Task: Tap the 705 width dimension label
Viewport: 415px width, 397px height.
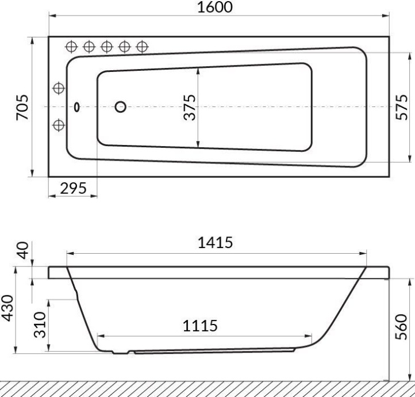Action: point(22,107)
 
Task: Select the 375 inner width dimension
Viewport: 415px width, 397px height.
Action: point(190,107)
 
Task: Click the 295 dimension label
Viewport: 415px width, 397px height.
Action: point(73,188)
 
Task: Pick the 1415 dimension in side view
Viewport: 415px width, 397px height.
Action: point(216,243)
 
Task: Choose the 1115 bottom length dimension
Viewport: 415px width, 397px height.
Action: point(200,326)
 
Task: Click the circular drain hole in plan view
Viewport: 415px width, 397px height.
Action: point(121,106)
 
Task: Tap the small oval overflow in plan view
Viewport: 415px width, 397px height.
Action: point(77,106)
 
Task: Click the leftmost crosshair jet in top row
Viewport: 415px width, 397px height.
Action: point(72,47)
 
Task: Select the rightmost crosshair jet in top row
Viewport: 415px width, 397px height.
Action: point(142,47)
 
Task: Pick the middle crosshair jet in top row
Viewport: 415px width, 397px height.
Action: point(107,47)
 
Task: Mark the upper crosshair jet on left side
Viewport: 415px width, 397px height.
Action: point(59,88)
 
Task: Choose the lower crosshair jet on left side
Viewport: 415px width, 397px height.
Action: point(59,125)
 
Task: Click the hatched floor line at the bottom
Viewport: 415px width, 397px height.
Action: point(207,388)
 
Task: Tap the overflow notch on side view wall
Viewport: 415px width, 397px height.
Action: point(76,295)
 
